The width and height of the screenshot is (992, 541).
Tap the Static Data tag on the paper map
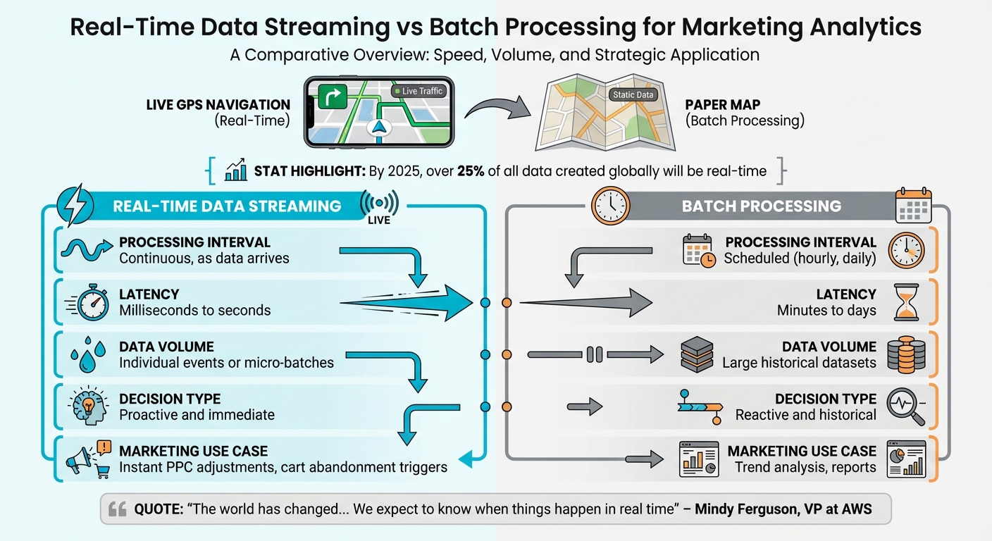coord(633,94)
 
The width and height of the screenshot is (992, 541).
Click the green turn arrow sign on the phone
coord(333,95)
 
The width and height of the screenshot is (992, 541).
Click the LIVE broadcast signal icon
coord(379,204)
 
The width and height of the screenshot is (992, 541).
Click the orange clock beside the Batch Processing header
coord(609,205)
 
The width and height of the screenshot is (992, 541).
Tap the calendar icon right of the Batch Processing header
coord(913,206)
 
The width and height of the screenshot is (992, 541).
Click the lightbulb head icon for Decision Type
coord(89,408)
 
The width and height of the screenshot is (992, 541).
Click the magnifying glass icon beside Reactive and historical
coord(904,407)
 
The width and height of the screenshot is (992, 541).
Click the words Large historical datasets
coord(799,363)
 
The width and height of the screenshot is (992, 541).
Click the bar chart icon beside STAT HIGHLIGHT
coord(235,171)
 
